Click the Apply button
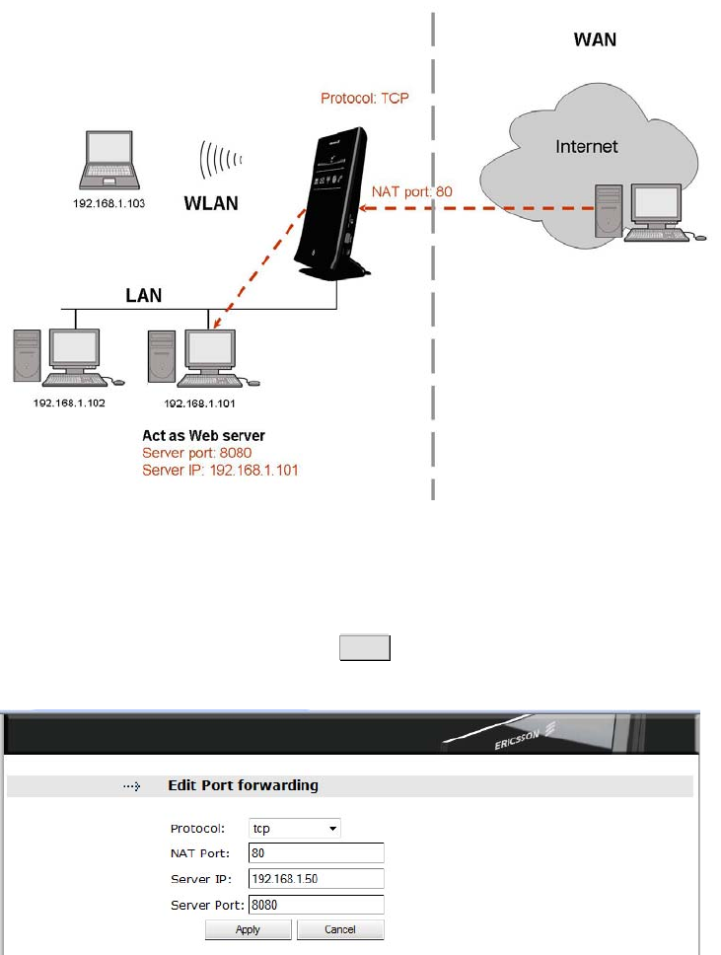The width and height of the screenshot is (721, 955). (248, 929)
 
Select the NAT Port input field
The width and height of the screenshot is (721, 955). (317, 853)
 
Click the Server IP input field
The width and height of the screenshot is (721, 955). (317, 879)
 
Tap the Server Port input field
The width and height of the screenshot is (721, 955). (317, 905)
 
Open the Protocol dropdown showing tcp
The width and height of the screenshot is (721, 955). (295, 829)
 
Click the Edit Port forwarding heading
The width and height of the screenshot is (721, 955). (243, 785)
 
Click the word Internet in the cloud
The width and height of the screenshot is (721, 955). (587, 147)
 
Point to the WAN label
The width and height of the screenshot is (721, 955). (596, 40)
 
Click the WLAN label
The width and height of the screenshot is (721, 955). (212, 205)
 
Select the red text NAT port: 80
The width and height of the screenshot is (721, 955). (412, 191)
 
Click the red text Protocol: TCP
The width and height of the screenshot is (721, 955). (365, 99)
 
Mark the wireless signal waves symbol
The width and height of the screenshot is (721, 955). (221, 158)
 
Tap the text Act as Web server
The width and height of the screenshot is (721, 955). (204, 435)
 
